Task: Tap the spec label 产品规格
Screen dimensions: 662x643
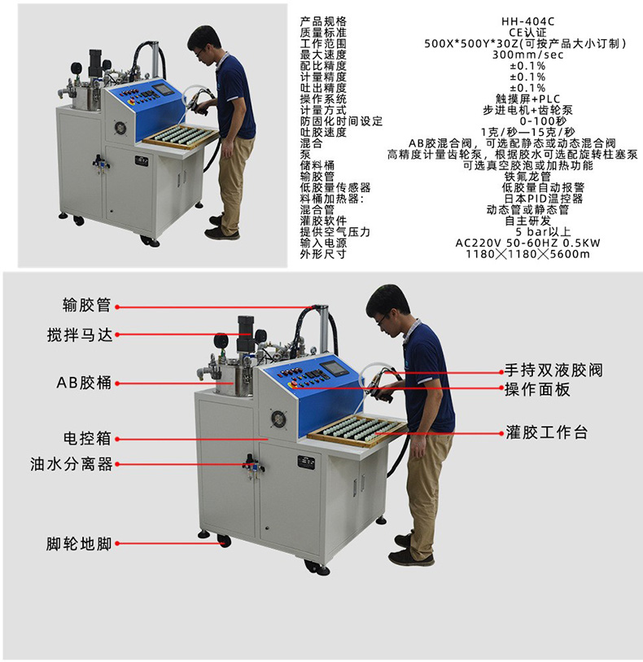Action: [x=323, y=20]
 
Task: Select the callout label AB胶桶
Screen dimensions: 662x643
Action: [x=83, y=382]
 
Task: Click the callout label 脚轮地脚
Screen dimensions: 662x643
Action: [x=78, y=543]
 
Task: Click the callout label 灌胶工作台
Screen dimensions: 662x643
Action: [x=546, y=431]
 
